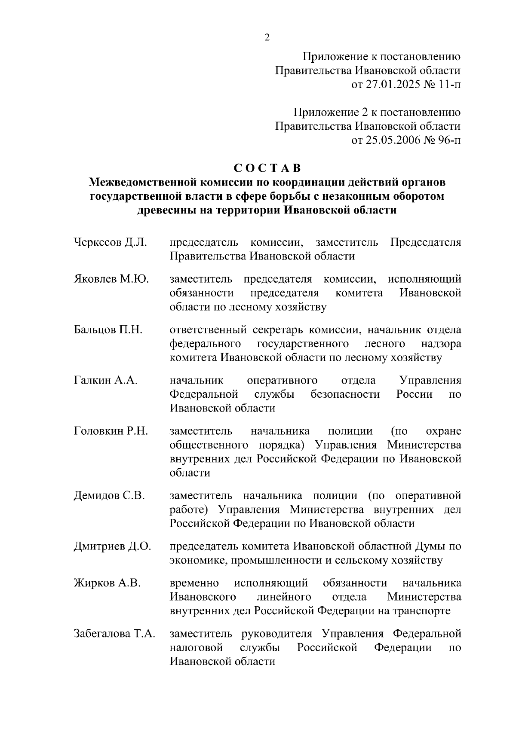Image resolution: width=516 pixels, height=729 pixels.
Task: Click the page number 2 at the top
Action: tap(267, 38)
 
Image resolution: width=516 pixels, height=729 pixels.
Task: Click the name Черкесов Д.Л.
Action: tap(111, 242)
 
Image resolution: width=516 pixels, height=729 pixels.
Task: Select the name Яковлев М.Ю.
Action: tap(111, 279)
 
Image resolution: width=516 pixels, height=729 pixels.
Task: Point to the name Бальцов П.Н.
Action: tap(108, 330)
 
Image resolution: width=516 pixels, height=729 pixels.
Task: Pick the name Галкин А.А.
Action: tap(106, 381)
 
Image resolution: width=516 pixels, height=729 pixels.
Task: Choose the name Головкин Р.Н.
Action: tap(111, 431)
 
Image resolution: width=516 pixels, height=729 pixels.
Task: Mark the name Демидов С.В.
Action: tap(109, 496)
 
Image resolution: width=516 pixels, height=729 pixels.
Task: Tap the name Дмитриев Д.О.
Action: tap(112, 546)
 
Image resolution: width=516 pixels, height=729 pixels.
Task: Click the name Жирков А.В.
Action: tap(107, 583)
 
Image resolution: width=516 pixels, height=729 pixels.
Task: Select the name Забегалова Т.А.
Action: tap(114, 634)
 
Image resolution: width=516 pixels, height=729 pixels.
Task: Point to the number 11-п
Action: tap(448, 85)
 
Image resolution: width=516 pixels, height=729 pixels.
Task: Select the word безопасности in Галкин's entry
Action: tap(345, 394)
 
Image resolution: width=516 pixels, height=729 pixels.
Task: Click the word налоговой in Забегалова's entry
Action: tap(197, 647)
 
